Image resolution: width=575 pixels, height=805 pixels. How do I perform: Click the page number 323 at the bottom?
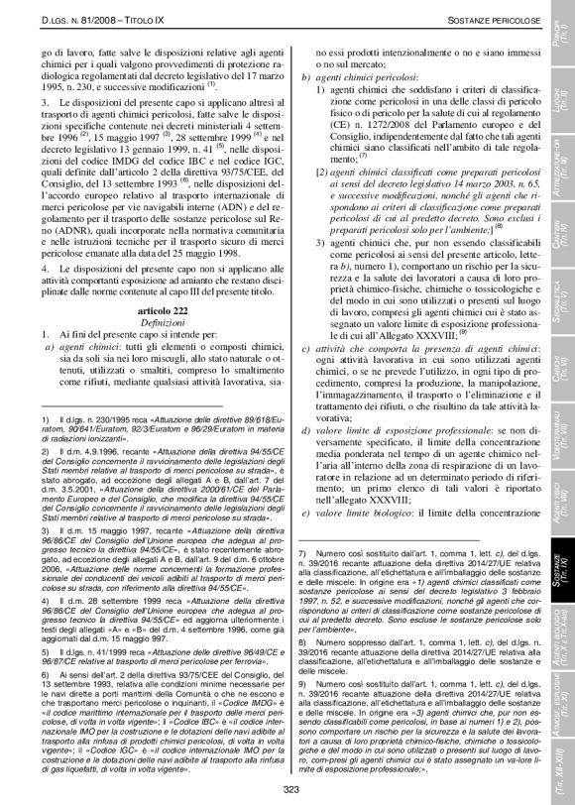287,789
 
